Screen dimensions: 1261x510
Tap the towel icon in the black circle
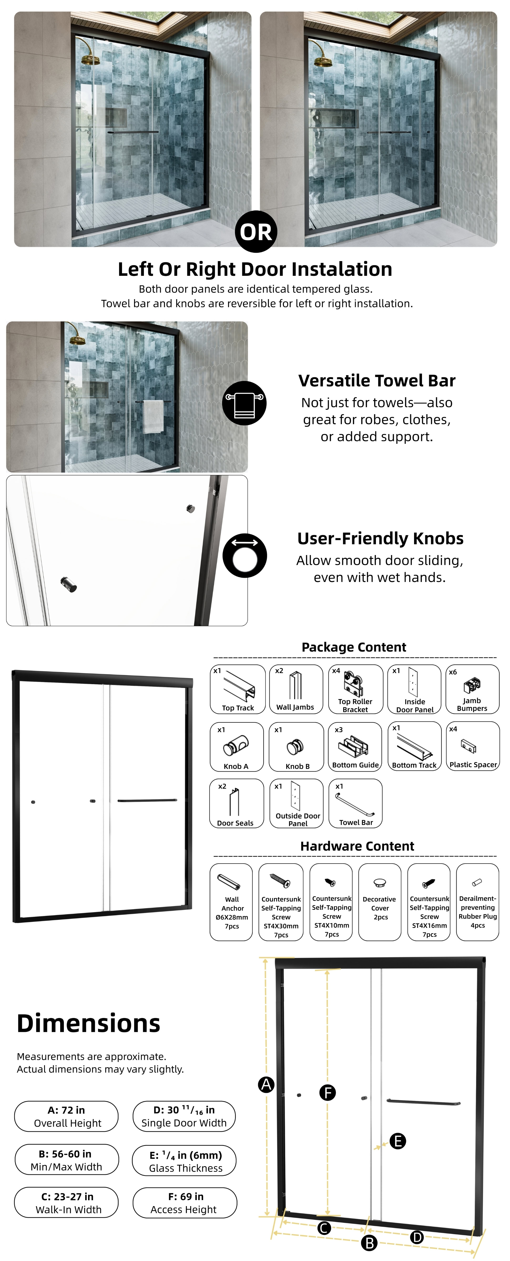[x=244, y=403]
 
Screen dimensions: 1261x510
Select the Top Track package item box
[x=238, y=689]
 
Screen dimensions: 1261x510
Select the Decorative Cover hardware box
[x=380, y=902]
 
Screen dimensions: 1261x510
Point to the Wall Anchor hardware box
[x=231, y=902]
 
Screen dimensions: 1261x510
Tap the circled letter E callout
[x=397, y=1141]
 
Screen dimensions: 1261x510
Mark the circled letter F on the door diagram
[x=327, y=1092]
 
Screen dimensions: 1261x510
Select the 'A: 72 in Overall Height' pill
[x=67, y=1116]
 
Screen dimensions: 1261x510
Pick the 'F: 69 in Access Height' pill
[x=185, y=1203]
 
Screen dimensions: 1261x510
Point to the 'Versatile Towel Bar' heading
[x=377, y=380]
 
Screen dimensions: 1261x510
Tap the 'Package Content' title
[x=354, y=647]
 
